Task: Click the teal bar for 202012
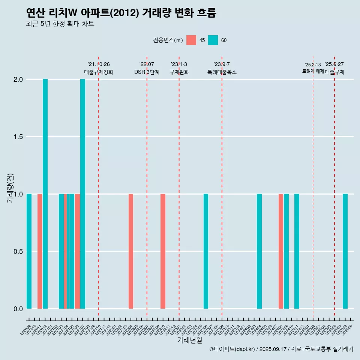[x=45, y=194]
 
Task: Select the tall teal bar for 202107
[x=82, y=194]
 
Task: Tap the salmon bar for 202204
[x=131, y=251]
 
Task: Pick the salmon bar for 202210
[x=163, y=251]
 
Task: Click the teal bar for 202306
[x=206, y=251]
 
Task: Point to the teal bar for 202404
[x=259, y=251]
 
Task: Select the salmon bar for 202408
[x=281, y=251]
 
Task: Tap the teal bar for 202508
[x=345, y=251]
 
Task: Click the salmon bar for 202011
[x=40, y=251]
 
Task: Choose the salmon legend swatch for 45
[x=191, y=40]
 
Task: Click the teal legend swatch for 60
[x=213, y=40]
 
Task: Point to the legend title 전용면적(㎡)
[x=168, y=40]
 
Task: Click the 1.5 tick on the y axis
[x=18, y=137]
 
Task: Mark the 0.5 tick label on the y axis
[x=18, y=252]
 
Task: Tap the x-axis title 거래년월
[x=189, y=340]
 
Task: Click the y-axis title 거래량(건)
[x=10, y=187]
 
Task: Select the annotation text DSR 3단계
[x=147, y=72]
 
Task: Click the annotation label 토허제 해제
[x=313, y=71]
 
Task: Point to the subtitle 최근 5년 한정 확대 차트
[x=60, y=24]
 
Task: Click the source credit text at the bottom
[x=281, y=349]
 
